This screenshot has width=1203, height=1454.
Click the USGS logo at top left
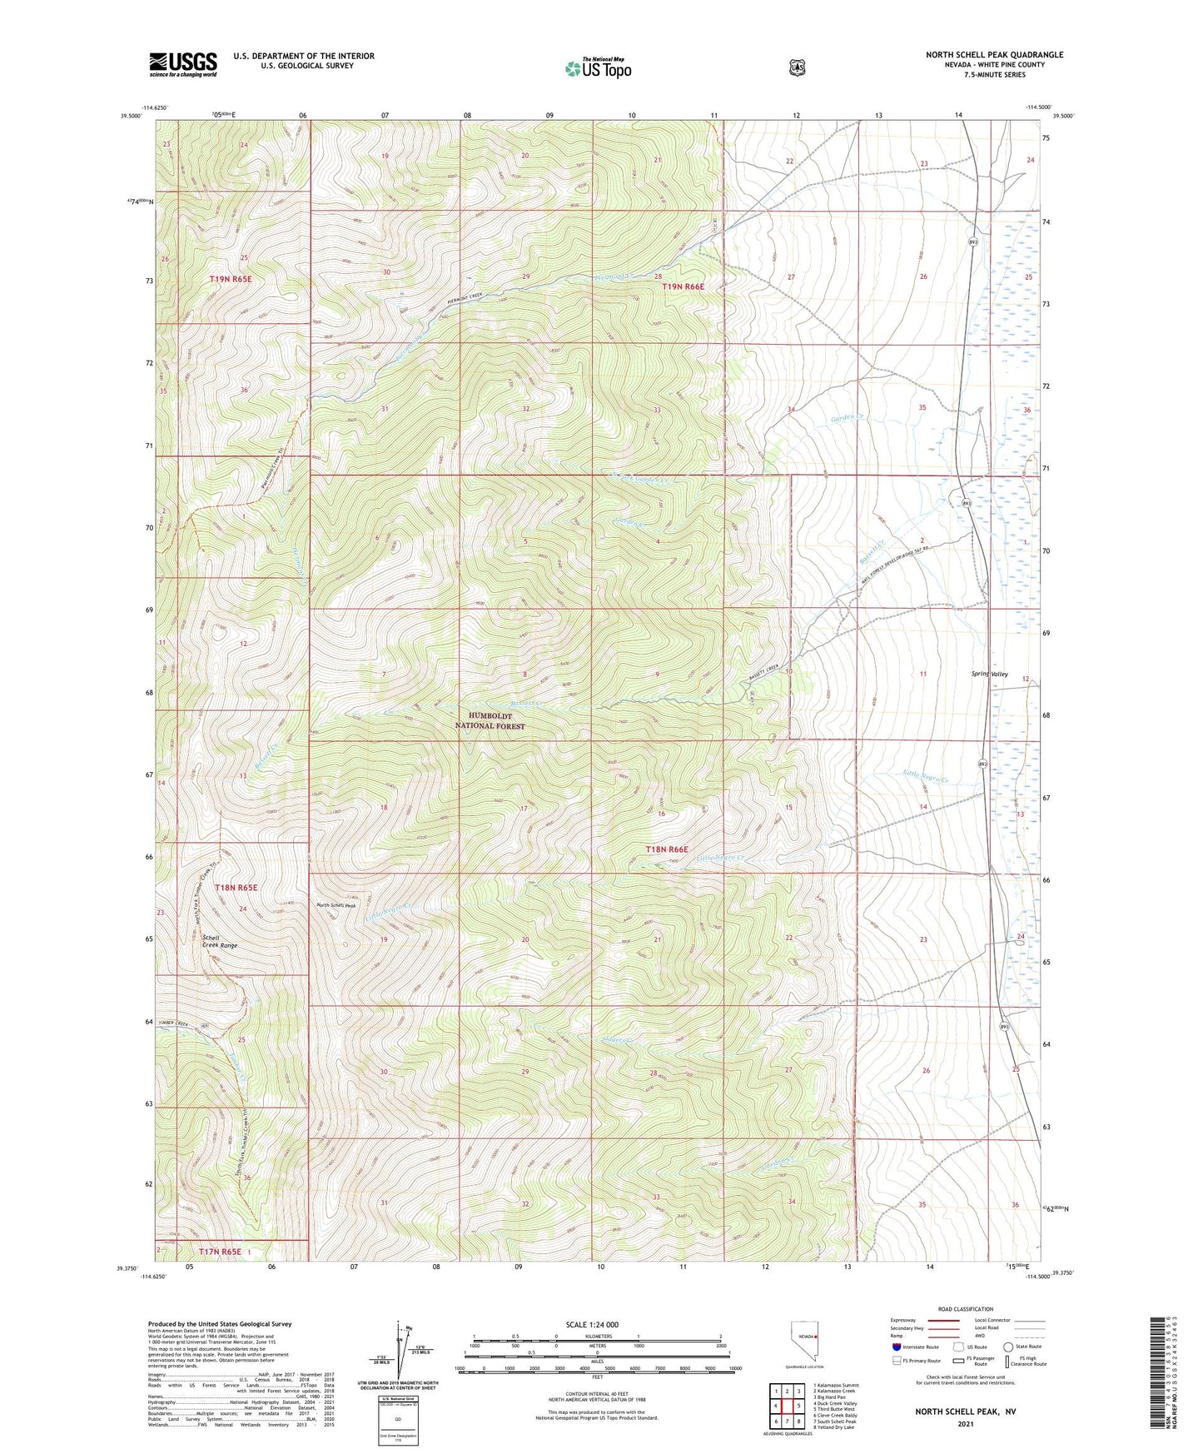pos(183,64)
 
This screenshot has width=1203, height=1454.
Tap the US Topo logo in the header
pos(597,68)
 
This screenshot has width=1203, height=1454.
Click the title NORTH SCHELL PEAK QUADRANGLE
pos(994,55)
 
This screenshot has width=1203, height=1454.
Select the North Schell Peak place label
pos(336,905)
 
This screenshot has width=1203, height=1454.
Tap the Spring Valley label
pos(989,674)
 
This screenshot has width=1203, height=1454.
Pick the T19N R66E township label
pos(683,286)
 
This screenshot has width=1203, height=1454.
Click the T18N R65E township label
pos(236,888)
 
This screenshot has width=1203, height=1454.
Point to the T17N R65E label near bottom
pos(220,1251)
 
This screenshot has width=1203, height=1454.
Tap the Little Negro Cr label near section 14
pos(926,778)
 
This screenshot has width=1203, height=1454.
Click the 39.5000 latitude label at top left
pos(131,117)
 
